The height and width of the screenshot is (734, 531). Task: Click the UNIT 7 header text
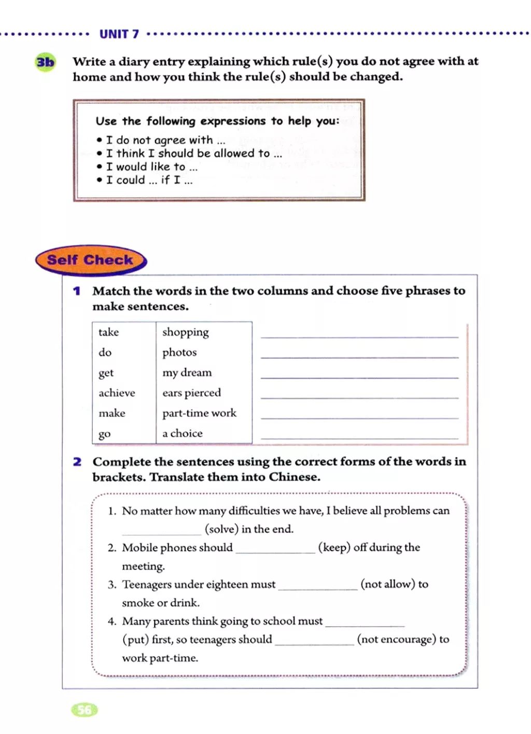[x=119, y=34]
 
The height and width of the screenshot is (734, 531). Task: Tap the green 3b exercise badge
[x=45, y=63]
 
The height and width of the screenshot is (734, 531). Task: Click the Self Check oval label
[x=90, y=260]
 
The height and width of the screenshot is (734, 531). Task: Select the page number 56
[x=85, y=710]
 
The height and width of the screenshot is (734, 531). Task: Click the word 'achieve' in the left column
[x=117, y=393]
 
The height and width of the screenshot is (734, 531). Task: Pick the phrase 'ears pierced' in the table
[x=191, y=393]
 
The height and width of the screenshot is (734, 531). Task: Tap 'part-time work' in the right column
[x=199, y=413]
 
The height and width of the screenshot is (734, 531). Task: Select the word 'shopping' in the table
[x=185, y=333]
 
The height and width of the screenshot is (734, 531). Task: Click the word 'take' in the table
[x=108, y=333]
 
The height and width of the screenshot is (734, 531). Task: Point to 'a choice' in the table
[x=182, y=434]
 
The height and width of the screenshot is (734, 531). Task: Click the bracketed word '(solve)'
[x=221, y=529]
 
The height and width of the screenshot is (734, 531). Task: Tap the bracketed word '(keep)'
[x=334, y=548]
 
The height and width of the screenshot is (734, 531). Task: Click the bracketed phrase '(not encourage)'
[x=396, y=640]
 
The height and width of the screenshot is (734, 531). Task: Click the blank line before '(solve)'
[x=161, y=531]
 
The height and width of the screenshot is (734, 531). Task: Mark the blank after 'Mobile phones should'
[x=275, y=550]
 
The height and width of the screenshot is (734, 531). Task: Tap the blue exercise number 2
[x=77, y=462]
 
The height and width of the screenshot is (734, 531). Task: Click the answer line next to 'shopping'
[x=359, y=335]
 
